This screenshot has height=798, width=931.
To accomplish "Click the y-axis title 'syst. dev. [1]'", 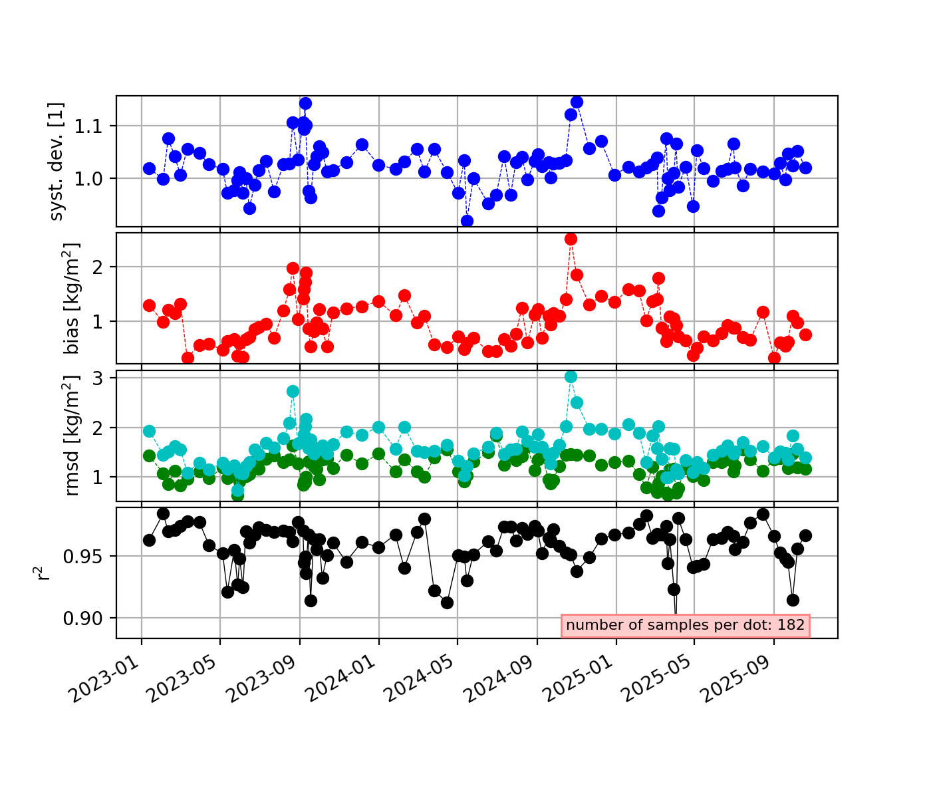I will pos(57,161).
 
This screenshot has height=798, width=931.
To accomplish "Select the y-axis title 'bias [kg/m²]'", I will pos(72,298).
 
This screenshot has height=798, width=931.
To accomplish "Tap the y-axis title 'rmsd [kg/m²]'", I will pos(72,436).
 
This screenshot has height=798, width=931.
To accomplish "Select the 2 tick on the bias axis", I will pos(104,267).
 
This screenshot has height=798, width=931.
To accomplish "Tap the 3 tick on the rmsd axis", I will pos(104,378).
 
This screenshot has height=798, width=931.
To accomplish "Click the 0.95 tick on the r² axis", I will pos(88,556).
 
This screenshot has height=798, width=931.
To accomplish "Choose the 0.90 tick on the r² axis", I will pos(88,618).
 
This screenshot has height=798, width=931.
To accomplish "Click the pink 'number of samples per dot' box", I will pos(686,625).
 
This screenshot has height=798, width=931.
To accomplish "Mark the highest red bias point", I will pos(571,239).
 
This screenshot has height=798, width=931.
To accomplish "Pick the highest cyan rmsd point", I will pos(571,376).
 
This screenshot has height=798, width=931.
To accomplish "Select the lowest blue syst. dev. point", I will pos(467,221).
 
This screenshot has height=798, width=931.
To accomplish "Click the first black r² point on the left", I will pos(149,540).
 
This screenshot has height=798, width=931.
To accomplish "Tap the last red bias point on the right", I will pos(805,334).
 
